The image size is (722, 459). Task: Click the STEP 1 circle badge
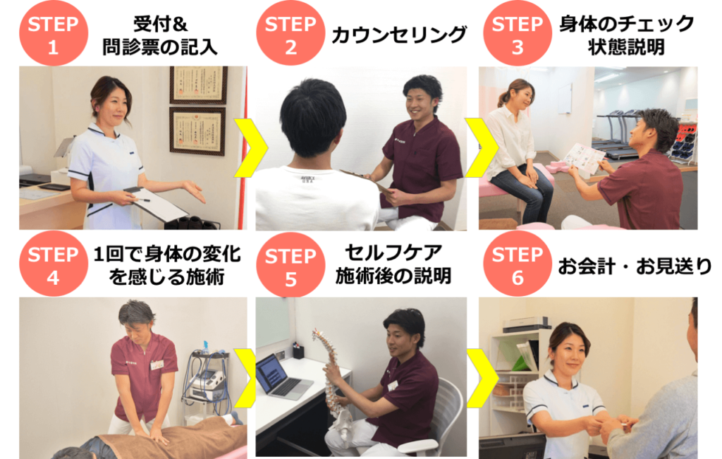[54, 33]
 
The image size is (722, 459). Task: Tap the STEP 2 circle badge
[290, 33]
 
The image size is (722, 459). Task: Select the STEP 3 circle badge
[518, 33]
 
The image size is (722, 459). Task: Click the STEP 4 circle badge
[54, 264]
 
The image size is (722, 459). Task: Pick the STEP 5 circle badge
[290, 265]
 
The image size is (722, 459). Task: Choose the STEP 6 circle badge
[518, 264]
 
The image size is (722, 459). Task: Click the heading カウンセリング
[399, 35]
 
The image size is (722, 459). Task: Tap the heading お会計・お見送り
[635, 266]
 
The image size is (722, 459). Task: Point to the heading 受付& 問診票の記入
[160, 35]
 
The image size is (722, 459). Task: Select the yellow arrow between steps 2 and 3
[482, 148]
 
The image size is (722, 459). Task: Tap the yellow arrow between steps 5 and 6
[482, 378]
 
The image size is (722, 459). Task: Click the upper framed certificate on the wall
[198, 85]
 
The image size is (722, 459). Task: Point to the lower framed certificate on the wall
[197, 131]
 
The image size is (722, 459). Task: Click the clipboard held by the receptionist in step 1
[156, 204]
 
